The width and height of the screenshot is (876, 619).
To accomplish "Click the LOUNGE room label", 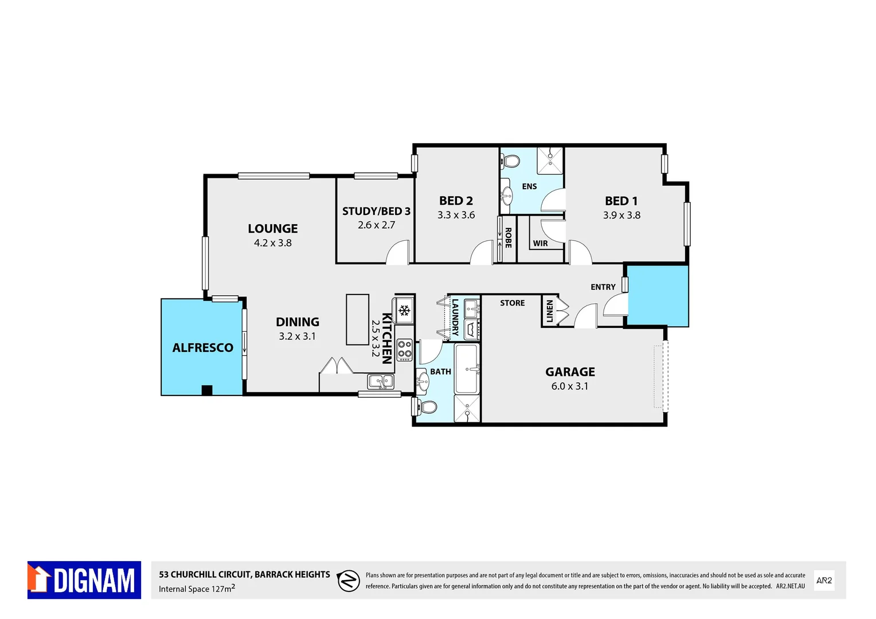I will [x=272, y=228].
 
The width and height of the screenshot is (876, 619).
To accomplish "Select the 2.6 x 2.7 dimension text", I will [x=376, y=225].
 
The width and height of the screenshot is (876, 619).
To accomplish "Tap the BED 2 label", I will [x=456, y=201].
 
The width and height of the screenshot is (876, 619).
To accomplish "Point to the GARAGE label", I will [x=570, y=372].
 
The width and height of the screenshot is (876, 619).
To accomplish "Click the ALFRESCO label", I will [x=202, y=347].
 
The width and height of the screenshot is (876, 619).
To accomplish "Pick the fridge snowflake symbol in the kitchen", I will [x=404, y=311].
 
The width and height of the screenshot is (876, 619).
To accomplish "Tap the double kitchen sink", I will [x=381, y=381].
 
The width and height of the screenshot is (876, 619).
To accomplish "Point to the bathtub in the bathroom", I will [x=467, y=369].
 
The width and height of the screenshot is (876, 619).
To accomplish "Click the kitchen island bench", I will [x=357, y=319].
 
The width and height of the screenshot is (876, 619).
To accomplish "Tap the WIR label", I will [x=540, y=244].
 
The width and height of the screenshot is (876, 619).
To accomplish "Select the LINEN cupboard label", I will [x=549, y=311].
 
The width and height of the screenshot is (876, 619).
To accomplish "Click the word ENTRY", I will [x=603, y=287].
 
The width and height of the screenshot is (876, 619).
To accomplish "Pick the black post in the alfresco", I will [x=207, y=390].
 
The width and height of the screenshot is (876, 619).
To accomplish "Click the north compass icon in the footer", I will [x=348, y=581].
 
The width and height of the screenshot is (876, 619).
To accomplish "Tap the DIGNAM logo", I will [x=84, y=580].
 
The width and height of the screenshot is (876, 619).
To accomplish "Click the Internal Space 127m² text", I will [x=197, y=589].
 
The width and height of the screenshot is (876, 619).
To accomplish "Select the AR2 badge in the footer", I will [x=824, y=581].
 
